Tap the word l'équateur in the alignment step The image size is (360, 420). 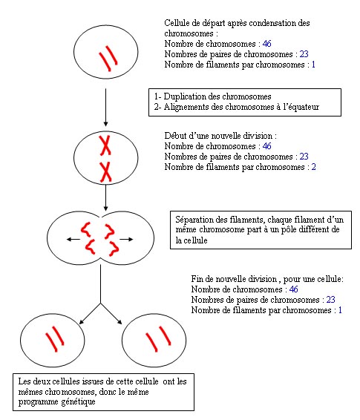(299, 107)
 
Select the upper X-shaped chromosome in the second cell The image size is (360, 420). (105, 145)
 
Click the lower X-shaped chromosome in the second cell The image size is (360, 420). (106, 172)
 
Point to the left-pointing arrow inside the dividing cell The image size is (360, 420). (73, 239)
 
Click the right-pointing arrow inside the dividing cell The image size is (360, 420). (126, 239)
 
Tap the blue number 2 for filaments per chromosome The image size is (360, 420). (314, 167)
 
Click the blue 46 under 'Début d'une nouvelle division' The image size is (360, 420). (266, 146)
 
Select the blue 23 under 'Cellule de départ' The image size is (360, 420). (304, 54)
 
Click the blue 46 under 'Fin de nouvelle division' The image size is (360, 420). (294, 289)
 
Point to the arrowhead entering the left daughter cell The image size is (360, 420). (82, 322)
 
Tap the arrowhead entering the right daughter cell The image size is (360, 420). (120, 321)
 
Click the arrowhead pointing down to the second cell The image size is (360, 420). (106, 123)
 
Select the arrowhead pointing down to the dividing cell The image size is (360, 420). (106, 208)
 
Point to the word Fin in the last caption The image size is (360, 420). (197, 279)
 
